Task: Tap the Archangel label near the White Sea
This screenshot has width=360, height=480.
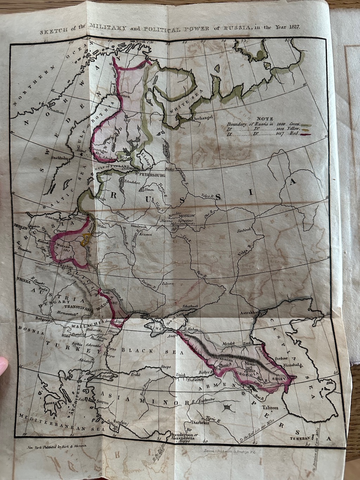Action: pos(203,119)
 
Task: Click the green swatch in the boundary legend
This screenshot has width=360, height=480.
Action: pos(308,125)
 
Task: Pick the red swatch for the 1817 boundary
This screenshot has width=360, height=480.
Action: pos(308,135)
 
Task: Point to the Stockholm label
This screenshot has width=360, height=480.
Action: pos(59,158)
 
